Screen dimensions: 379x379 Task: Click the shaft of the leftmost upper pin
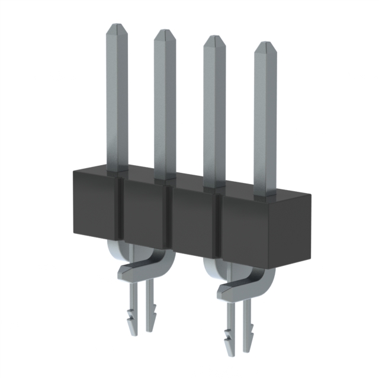coord(117,101)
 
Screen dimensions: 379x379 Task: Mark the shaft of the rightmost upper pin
coord(265,118)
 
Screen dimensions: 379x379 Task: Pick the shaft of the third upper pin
coord(214,113)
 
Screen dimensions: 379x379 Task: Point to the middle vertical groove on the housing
coord(168,222)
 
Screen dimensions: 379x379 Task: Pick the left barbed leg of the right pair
coord(229,332)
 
